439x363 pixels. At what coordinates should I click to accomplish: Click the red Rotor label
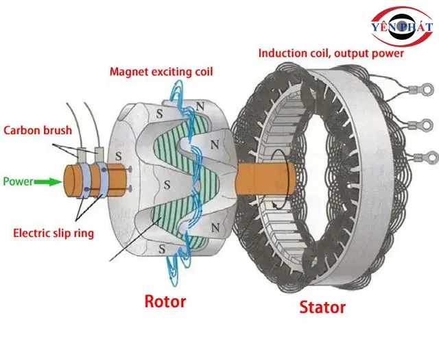(164, 301)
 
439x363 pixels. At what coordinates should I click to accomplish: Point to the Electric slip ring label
(54, 233)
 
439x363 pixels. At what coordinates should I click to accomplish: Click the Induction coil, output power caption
(331, 53)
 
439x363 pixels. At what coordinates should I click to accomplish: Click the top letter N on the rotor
(200, 108)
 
